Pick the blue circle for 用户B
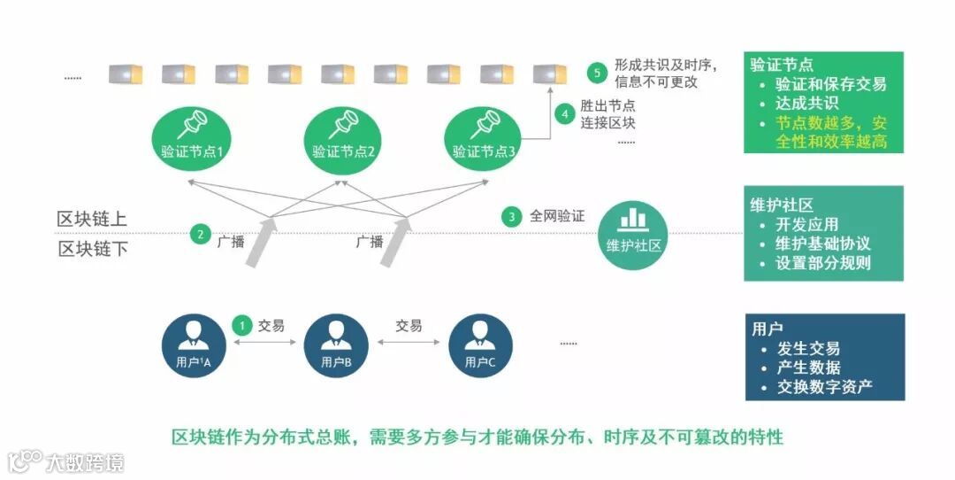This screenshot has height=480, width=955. [x=336, y=346]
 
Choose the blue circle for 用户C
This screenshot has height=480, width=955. [x=480, y=346]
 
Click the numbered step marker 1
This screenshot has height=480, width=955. [x=242, y=325]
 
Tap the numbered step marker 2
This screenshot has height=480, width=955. [x=201, y=235]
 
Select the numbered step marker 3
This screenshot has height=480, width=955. [x=511, y=216]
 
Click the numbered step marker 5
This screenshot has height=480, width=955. [x=599, y=73]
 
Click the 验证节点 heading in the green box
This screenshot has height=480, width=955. [x=782, y=65]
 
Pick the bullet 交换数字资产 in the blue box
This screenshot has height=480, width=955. [x=824, y=386]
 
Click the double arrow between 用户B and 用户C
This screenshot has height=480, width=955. [x=409, y=343]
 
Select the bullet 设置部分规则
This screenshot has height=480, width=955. [x=823, y=263]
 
